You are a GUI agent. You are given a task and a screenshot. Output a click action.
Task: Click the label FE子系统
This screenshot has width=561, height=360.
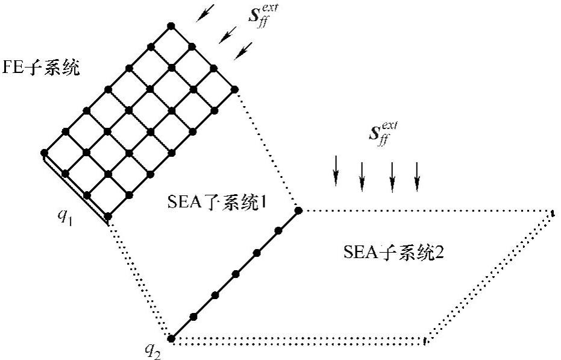[x=41, y=68]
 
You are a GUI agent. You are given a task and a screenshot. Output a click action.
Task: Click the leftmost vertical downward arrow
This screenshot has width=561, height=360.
[x=336, y=171]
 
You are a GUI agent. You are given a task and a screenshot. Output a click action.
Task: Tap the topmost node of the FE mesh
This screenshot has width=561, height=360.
[x=171, y=26]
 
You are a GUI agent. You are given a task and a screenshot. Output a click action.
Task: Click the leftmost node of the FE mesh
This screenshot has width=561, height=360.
[x=44, y=152]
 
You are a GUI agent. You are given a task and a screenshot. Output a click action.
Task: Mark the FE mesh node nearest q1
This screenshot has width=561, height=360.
[x=108, y=216]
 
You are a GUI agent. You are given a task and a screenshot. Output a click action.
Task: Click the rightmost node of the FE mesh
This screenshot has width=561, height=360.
[x=235, y=89]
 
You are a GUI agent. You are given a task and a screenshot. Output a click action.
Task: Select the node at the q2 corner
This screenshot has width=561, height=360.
[x=171, y=338]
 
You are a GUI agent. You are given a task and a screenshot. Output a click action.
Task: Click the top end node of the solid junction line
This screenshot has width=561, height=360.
[x=298, y=210]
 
